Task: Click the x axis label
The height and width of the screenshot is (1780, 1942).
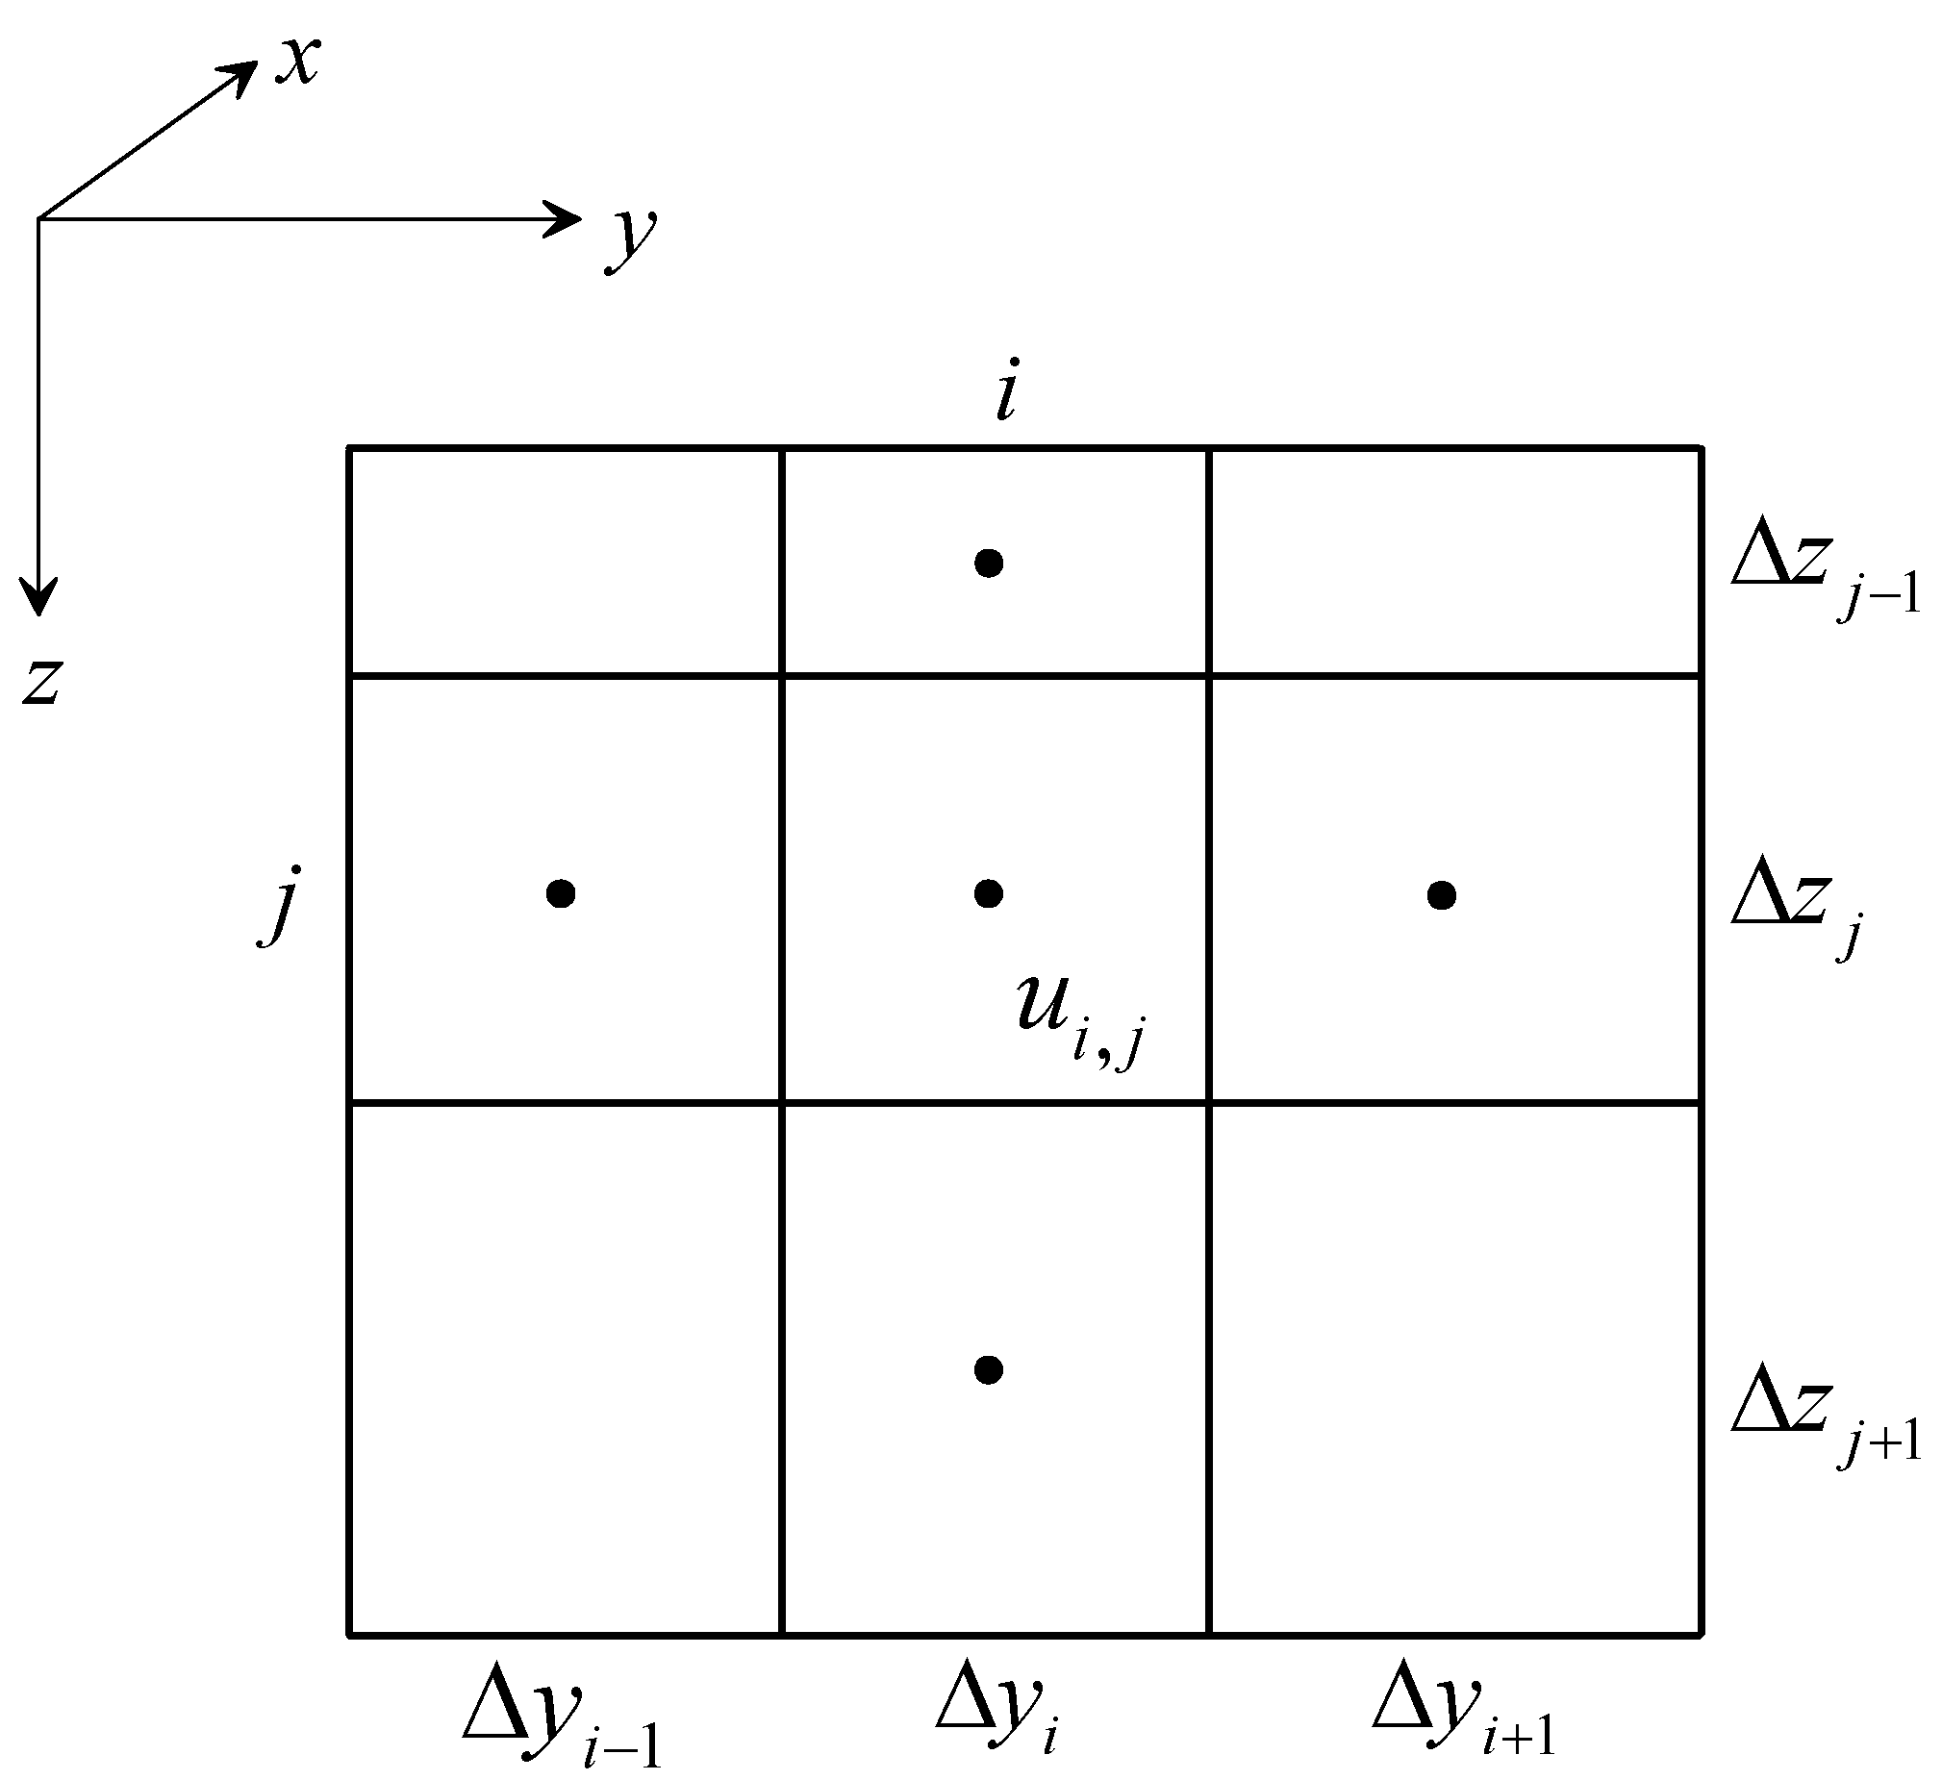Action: (x=297, y=62)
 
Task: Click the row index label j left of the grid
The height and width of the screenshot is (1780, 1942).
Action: (x=280, y=905)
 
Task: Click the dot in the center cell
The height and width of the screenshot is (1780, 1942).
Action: (x=989, y=894)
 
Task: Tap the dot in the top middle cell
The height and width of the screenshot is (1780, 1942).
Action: (x=989, y=563)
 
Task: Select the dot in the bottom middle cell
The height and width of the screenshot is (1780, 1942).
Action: (x=989, y=1369)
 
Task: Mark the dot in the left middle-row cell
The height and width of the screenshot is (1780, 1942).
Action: (x=561, y=894)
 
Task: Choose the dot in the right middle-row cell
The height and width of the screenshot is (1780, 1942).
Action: (x=1441, y=895)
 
